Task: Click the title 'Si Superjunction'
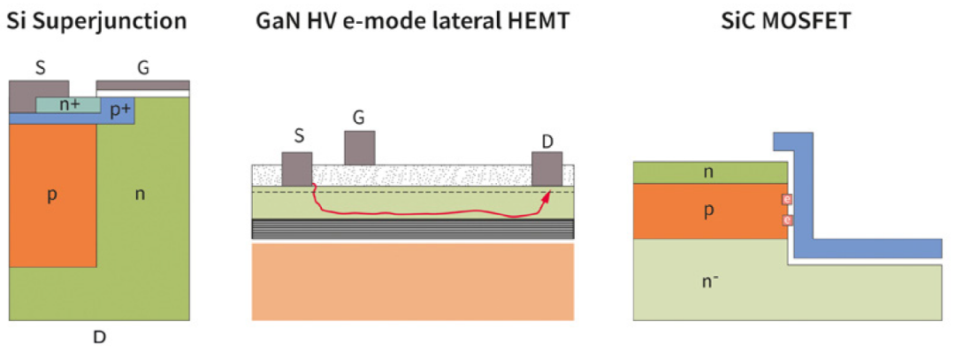click(96, 22)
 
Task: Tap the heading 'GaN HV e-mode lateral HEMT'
click(412, 21)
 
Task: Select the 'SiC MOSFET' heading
click(788, 21)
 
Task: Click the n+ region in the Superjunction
click(67, 104)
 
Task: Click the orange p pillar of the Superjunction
click(53, 195)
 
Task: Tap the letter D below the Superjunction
click(99, 336)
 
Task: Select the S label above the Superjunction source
click(40, 67)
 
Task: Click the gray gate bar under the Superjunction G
click(143, 85)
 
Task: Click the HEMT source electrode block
click(297, 169)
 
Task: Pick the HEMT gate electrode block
click(359, 148)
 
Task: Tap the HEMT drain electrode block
click(547, 169)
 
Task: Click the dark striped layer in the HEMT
click(413, 228)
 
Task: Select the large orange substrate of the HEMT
click(413, 281)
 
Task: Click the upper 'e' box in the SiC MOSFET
click(787, 200)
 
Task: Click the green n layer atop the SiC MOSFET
click(710, 172)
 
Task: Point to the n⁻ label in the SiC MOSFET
click(709, 282)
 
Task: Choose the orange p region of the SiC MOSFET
click(709, 211)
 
